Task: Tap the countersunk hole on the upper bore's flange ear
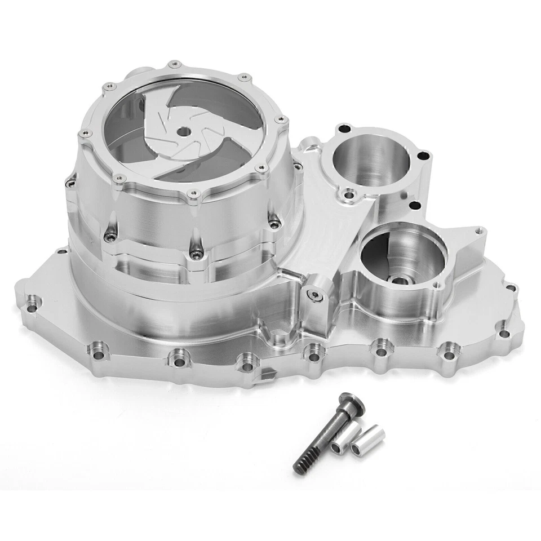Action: [350, 196]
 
